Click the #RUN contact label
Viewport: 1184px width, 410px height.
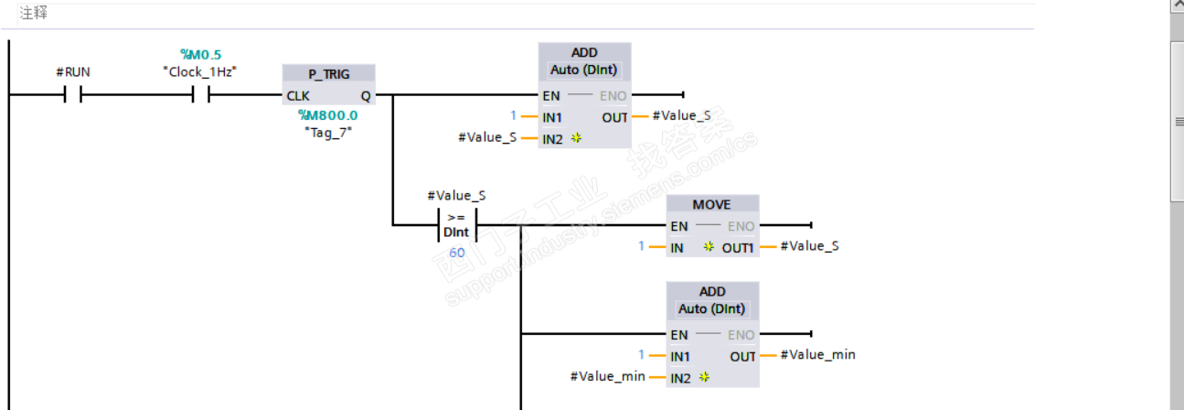(73, 71)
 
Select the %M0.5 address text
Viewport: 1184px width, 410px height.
(201, 55)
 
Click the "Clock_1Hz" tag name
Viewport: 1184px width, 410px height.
(201, 71)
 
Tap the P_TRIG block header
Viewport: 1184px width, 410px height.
(329, 74)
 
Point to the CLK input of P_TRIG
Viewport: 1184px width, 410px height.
(297, 95)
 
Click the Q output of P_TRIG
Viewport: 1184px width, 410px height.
(366, 95)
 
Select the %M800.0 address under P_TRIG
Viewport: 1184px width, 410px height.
(327, 115)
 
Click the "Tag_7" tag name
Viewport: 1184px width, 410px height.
(327, 132)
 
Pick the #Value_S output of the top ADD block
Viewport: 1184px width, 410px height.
(681, 116)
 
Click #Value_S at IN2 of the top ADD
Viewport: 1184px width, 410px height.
(487, 137)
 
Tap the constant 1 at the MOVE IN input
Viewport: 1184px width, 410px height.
(642, 246)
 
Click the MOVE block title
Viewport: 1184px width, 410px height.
(711, 204)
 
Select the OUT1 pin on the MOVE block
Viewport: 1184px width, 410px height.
(737, 247)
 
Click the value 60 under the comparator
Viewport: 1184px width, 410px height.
(456, 252)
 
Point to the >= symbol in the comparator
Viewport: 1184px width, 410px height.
(456, 218)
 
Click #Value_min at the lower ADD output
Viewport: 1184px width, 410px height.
(817, 355)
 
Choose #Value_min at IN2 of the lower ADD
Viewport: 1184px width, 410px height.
(607, 376)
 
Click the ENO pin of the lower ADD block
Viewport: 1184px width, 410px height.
(741, 335)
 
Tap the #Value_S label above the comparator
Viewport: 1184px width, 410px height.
(456, 195)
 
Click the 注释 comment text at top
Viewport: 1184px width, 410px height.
(34, 13)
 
